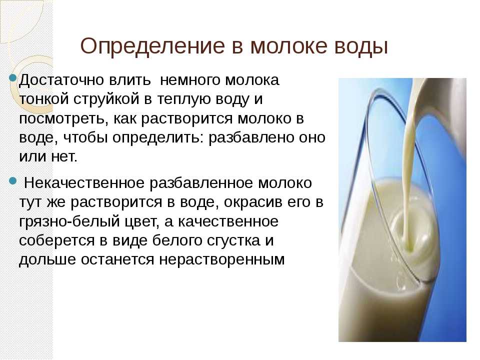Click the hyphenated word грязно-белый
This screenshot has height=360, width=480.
coord(69,222)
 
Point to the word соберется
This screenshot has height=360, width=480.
coord(56,240)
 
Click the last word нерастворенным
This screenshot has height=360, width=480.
coord(221,260)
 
